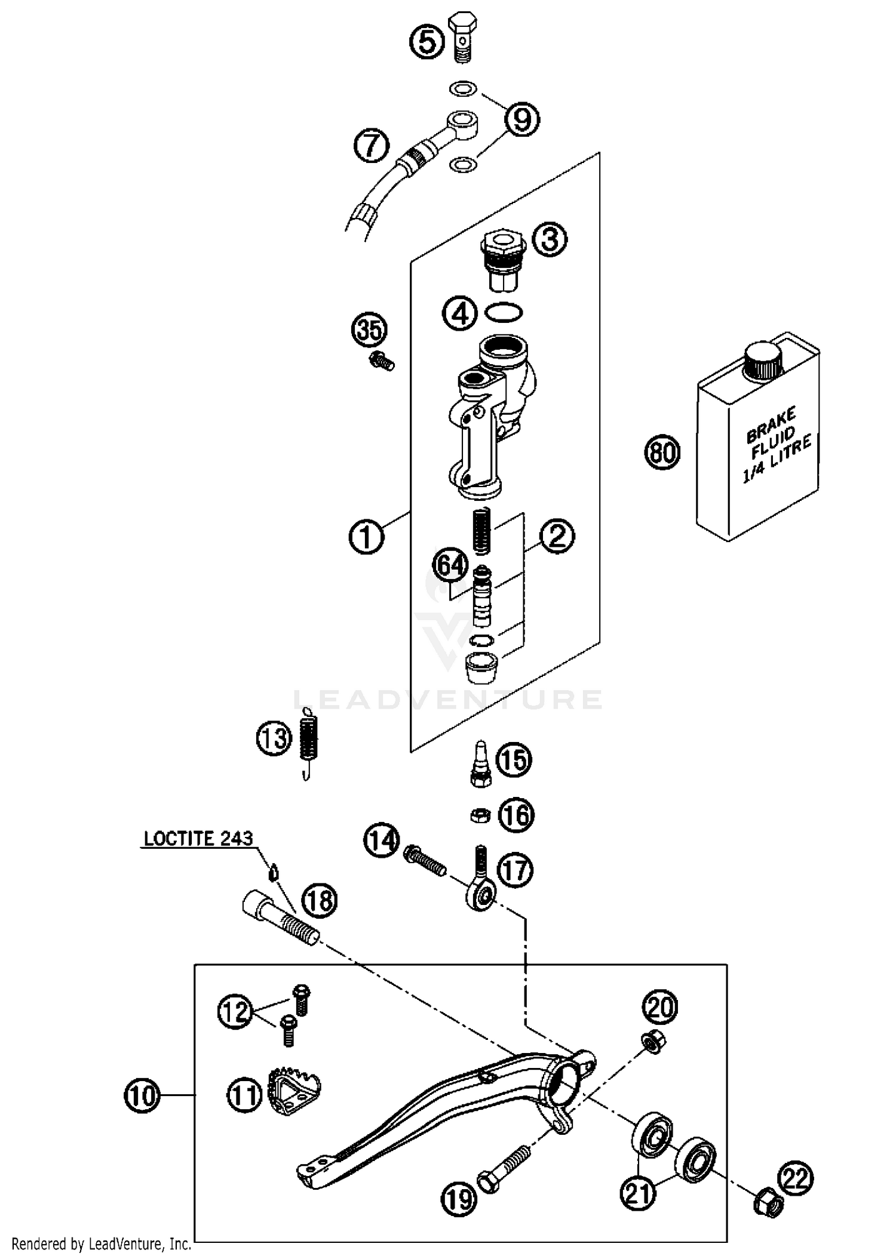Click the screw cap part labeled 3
click(x=502, y=263)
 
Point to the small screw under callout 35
click(x=381, y=361)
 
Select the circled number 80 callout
click(x=662, y=452)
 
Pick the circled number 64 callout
click(x=450, y=565)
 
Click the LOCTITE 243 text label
click(x=198, y=839)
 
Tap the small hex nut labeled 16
click(x=480, y=815)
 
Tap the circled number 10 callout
click(x=142, y=1095)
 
